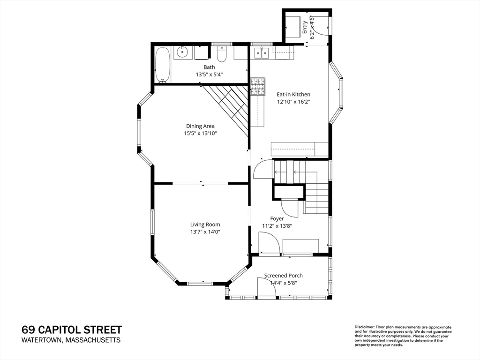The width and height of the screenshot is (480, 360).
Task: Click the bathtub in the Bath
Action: coord(163,65)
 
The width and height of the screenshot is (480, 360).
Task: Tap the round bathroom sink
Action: coord(183,52)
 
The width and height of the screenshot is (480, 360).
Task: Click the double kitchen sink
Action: coord(260,52)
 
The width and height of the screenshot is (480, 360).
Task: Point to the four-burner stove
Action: coord(257,86)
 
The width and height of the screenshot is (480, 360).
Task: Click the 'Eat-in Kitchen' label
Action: coord(293,94)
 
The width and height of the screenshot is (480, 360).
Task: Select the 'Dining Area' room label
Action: coord(200,126)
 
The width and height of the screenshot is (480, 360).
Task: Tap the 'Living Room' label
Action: coord(205,224)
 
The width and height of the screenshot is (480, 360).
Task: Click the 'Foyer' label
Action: coord(277,218)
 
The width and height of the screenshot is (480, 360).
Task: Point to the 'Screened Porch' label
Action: coord(283,276)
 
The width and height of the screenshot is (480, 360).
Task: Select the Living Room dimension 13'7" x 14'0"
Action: coord(205,232)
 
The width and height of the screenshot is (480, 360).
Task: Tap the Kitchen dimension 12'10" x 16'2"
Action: coord(293,102)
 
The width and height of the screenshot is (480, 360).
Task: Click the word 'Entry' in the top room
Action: coord(305,27)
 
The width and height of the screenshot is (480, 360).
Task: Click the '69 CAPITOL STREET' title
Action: coord(71,330)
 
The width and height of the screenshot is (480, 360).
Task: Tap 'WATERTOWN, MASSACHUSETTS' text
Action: coord(71,340)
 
